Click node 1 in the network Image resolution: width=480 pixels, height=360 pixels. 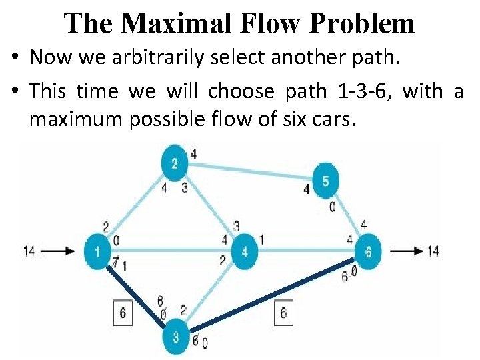coord(98,252)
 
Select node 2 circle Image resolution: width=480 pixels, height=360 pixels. coord(175,163)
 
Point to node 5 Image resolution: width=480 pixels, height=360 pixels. coord(326,180)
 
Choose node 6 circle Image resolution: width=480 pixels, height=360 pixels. coord(368,252)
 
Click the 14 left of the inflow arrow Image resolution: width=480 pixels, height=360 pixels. coord(29,251)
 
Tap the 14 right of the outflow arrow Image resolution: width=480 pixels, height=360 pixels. coord(433,251)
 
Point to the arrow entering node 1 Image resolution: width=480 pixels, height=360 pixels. coord(61,252)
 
